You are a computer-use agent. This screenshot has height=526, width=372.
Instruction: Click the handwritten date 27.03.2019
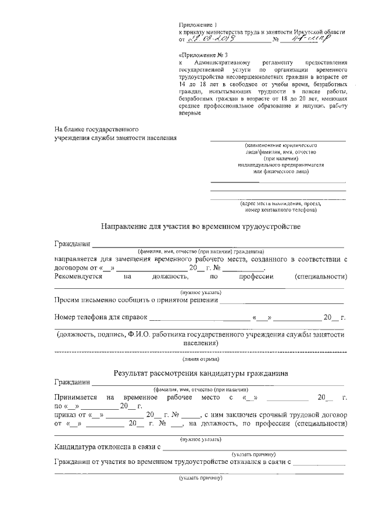pos(214,41)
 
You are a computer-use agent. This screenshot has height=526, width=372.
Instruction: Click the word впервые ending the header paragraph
pos(189,114)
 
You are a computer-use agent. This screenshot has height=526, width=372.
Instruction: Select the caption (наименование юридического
pos(280,144)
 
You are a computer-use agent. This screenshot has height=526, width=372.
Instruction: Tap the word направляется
pos(77,258)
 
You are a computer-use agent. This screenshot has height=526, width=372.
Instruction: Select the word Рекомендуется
pos(78,276)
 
